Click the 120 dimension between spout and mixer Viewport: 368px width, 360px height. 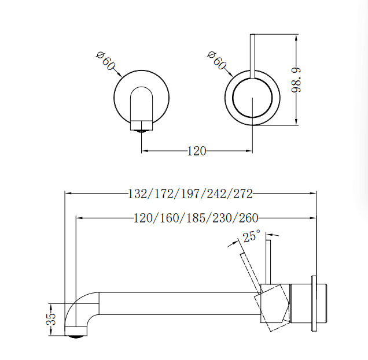[197, 151]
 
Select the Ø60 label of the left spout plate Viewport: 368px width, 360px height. [105, 61]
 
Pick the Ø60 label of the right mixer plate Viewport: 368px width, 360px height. [216, 60]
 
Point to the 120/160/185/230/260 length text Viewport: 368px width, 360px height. [196, 218]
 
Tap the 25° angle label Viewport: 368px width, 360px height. [252, 236]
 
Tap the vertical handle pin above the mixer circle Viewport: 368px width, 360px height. [253, 55]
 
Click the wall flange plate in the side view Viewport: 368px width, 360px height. [314, 303]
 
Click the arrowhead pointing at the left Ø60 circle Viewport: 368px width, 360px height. [119, 75]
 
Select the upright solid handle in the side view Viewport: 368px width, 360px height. [268, 260]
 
